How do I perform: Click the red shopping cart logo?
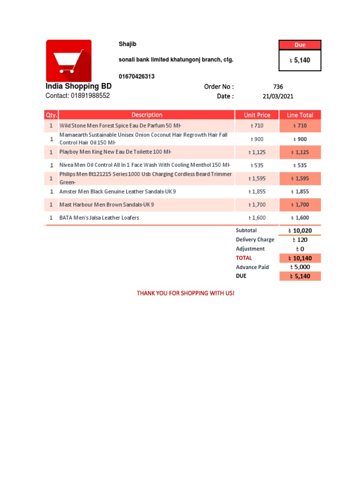coord(68,61)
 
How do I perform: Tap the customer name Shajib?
coord(127,44)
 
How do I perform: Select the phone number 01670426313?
coord(137,76)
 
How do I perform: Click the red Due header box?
coord(300,45)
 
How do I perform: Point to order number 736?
coord(278,87)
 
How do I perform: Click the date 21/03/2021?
coord(278,96)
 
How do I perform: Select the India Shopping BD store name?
coord(78,87)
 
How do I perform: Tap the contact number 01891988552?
coord(77,96)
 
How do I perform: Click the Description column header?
coord(147,115)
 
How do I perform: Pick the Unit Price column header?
coord(257,115)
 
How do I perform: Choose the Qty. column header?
coord(51,115)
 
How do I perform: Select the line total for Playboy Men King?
coord(300,152)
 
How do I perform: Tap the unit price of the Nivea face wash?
coord(257,165)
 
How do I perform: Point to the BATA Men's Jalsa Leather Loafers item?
coord(99,218)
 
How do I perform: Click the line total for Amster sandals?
coord(300,192)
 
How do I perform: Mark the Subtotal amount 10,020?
coord(300,231)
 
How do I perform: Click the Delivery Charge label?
coord(255,240)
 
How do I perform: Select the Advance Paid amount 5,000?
coord(300,267)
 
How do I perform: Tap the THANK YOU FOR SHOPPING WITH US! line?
coord(185,293)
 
